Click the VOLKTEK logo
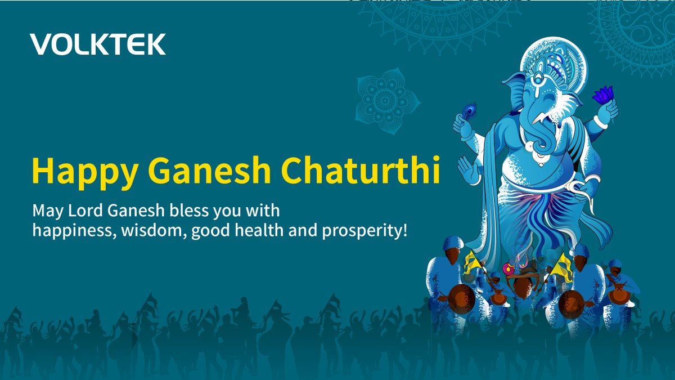pos(98,44)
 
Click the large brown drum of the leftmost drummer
pos(461,298)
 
